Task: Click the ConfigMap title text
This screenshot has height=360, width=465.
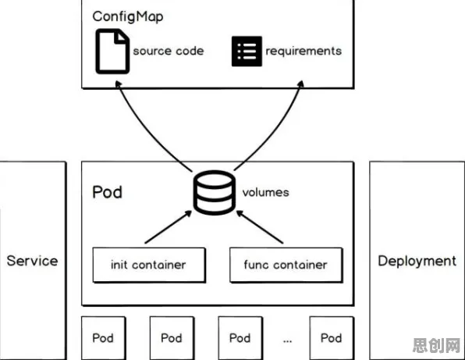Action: [x=127, y=16]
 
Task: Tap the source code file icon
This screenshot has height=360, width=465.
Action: [x=112, y=51]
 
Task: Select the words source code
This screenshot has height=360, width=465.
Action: [x=169, y=51]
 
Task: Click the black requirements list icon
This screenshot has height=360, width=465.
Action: [x=247, y=51]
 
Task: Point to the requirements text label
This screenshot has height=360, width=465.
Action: [x=303, y=51]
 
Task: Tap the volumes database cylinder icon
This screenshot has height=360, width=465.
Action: [x=215, y=192]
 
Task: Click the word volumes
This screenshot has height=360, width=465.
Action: [x=266, y=192]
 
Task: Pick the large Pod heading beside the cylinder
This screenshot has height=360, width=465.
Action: [x=108, y=192]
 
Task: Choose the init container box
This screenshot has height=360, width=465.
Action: [x=149, y=265]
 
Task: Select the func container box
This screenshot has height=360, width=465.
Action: [x=286, y=265]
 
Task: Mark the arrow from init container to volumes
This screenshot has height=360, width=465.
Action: [x=169, y=227]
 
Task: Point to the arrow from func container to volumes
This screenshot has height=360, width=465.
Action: [x=260, y=227]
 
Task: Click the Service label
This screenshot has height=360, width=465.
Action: [x=32, y=261]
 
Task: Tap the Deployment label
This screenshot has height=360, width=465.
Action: [x=417, y=261]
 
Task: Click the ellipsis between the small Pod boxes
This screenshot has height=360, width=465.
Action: [x=287, y=341]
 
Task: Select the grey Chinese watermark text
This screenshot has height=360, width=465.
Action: [x=436, y=345]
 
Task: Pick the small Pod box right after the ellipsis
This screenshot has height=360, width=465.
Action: [x=332, y=338]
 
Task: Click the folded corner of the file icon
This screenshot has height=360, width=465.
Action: [x=122, y=37]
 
